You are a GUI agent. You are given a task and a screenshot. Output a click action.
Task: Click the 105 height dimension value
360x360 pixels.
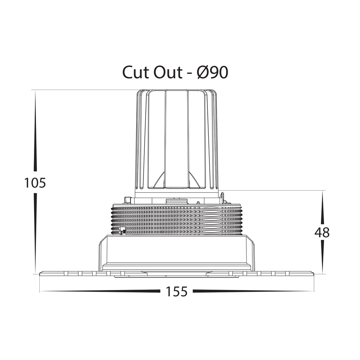pos(35,183)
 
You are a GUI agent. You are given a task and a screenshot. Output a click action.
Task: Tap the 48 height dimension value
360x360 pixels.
pos(322,232)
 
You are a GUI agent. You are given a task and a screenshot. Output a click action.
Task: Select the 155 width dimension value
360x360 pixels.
pos(177,291)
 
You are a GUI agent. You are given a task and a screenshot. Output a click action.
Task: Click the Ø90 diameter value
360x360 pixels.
pos(213,73)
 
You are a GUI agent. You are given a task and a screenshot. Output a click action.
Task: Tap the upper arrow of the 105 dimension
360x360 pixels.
pos(35,131)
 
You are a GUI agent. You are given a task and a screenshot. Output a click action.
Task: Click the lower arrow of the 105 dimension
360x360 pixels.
pos(35,233)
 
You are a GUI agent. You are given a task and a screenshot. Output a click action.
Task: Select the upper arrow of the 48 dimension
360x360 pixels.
pos(322,208)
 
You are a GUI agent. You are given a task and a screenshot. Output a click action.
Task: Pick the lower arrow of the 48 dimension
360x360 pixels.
pos(322,256)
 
